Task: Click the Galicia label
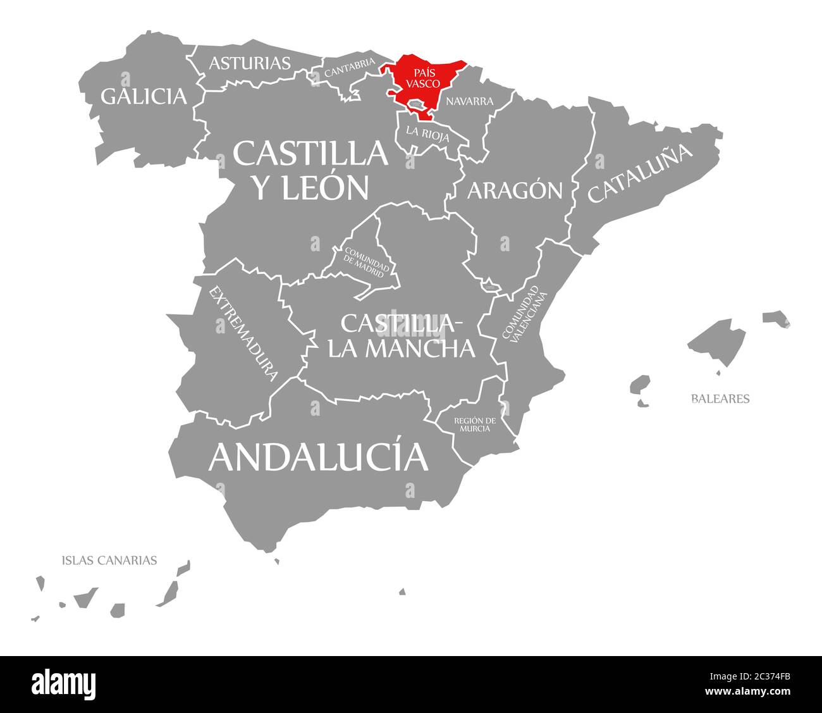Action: point(144,96)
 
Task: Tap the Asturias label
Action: point(250,63)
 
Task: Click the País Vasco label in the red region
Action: point(423,78)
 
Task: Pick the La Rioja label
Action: point(428,133)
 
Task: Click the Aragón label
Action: point(515,190)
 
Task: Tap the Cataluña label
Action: point(641,173)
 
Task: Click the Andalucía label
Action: point(318,457)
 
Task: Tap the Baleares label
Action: point(720,399)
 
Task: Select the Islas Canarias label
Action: point(109,560)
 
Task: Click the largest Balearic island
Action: point(718,342)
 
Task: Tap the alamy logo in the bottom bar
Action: point(64,685)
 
